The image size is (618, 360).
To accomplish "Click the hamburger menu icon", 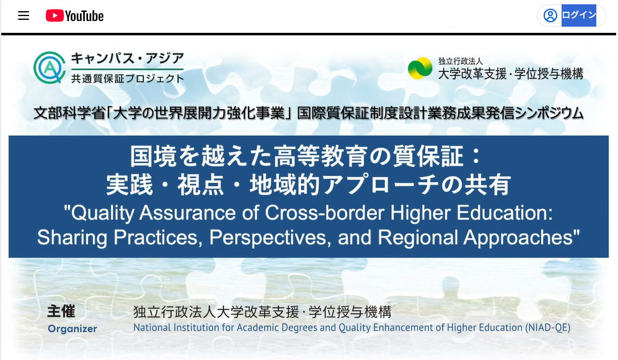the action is [24, 15].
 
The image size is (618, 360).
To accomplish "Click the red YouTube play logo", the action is [55, 15].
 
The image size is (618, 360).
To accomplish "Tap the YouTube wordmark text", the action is [84, 16].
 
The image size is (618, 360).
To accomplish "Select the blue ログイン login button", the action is [578, 15].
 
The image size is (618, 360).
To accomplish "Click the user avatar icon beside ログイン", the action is [550, 15].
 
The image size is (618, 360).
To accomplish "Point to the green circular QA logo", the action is [49, 68].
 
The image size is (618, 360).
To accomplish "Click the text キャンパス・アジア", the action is [127, 58].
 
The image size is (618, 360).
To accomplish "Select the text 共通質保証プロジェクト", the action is [127, 78].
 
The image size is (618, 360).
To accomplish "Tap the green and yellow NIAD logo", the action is [420, 68].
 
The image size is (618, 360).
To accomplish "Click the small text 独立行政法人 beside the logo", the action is [461, 61].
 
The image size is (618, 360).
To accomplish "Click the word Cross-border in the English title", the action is [324, 213].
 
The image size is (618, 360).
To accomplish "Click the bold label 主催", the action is [61, 311].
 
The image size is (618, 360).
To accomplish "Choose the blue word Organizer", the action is [73, 329].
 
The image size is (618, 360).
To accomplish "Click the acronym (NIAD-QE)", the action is [548, 328].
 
